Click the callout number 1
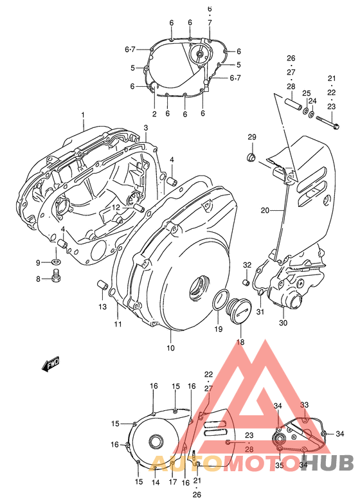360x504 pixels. tap(83, 115)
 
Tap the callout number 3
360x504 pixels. tap(146, 129)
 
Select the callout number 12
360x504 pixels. tap(116, 208)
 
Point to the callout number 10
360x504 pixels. tap(170, 348)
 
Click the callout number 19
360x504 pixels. tap(218, 329)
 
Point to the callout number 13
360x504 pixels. tap(102, 306)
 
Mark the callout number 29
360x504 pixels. tap(252, 137)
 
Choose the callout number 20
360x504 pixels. tap(265, 210)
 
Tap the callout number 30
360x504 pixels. tap(283, 323)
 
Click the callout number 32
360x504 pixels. tap(247, 265)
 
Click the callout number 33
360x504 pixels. tap(305, 404)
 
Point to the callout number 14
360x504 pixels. tap(155, 482)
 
